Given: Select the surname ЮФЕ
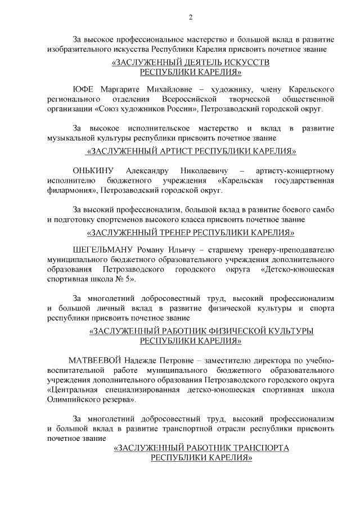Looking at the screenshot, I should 84,89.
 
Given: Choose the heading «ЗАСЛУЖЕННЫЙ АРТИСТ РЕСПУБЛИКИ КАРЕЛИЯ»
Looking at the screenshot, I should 191,151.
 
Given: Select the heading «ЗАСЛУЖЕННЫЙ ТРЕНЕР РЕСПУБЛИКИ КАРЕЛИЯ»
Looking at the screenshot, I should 191,232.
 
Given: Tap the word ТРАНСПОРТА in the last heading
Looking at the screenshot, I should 255,448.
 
